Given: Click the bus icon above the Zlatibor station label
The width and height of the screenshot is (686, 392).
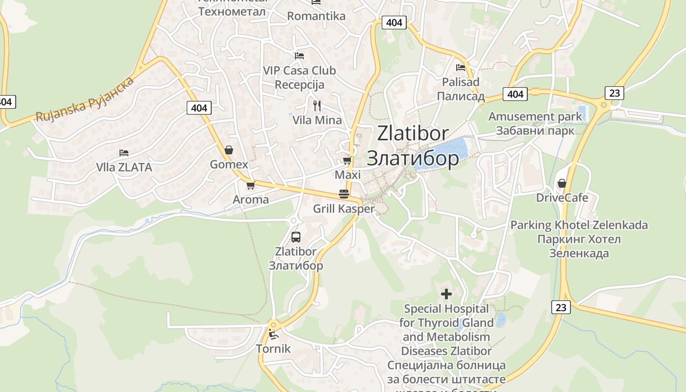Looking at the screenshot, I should (x=295, y=237).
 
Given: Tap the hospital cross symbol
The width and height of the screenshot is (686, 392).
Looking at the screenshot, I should (x=446, y=294).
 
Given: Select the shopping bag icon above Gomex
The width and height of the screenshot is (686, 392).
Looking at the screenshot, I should (x=228, y=150).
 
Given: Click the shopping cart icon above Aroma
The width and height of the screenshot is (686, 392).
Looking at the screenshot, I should (x=250, y=185).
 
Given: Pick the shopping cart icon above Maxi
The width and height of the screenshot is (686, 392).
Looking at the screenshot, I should (x=347, y=160).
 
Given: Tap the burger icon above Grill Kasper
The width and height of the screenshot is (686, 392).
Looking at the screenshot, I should (x=343, y=194).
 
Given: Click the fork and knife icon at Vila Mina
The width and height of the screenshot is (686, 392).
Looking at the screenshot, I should (x=317, y=105).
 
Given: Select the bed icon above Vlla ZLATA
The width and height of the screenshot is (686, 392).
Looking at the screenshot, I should (x=123, y=153).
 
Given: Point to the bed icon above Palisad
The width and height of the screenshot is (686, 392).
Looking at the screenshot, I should (x=460, y=68).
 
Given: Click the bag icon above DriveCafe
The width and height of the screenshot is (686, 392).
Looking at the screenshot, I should (x=562, y=183).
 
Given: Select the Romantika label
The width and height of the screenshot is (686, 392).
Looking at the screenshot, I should (x=316, y=16).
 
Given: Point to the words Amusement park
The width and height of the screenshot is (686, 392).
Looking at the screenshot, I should (x=535, y=117).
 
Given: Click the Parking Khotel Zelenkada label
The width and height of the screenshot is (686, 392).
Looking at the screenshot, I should (x=579, y=225).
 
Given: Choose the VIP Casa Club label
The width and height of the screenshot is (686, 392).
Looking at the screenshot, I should (x=299, y=71).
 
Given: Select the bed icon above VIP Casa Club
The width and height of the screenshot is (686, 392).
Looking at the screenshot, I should (x=299, y=56).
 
